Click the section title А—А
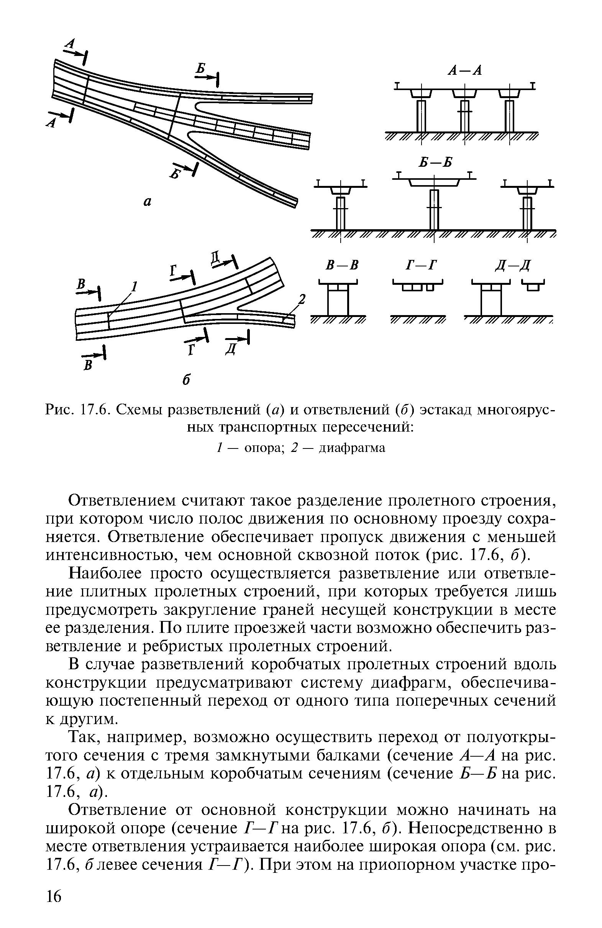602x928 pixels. (465, 71)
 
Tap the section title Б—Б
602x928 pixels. (436, 163)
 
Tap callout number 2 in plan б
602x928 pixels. (301, 299)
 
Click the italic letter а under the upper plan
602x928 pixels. (148, 202)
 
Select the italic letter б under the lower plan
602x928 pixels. (187, 379)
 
